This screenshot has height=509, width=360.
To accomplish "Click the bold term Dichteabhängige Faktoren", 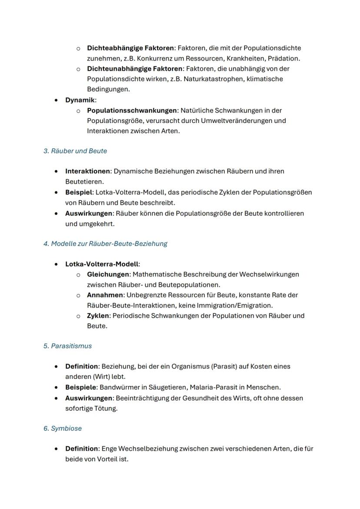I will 130,48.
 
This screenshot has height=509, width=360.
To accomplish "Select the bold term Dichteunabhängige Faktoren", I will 134,69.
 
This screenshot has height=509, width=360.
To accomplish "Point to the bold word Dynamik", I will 80,100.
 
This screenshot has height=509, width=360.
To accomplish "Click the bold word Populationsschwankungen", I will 132,110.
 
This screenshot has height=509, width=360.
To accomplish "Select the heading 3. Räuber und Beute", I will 75,151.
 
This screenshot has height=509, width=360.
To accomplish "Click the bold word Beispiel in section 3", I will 78,192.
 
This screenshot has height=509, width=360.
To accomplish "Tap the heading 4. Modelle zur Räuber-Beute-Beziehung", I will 105,243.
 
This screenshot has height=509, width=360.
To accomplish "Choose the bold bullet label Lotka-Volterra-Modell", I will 102,264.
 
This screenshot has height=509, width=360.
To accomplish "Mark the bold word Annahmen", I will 105,295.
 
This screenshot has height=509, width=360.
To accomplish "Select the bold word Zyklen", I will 98,316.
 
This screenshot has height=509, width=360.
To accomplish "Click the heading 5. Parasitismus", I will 67,346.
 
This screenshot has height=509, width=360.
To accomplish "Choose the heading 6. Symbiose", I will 63,428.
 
